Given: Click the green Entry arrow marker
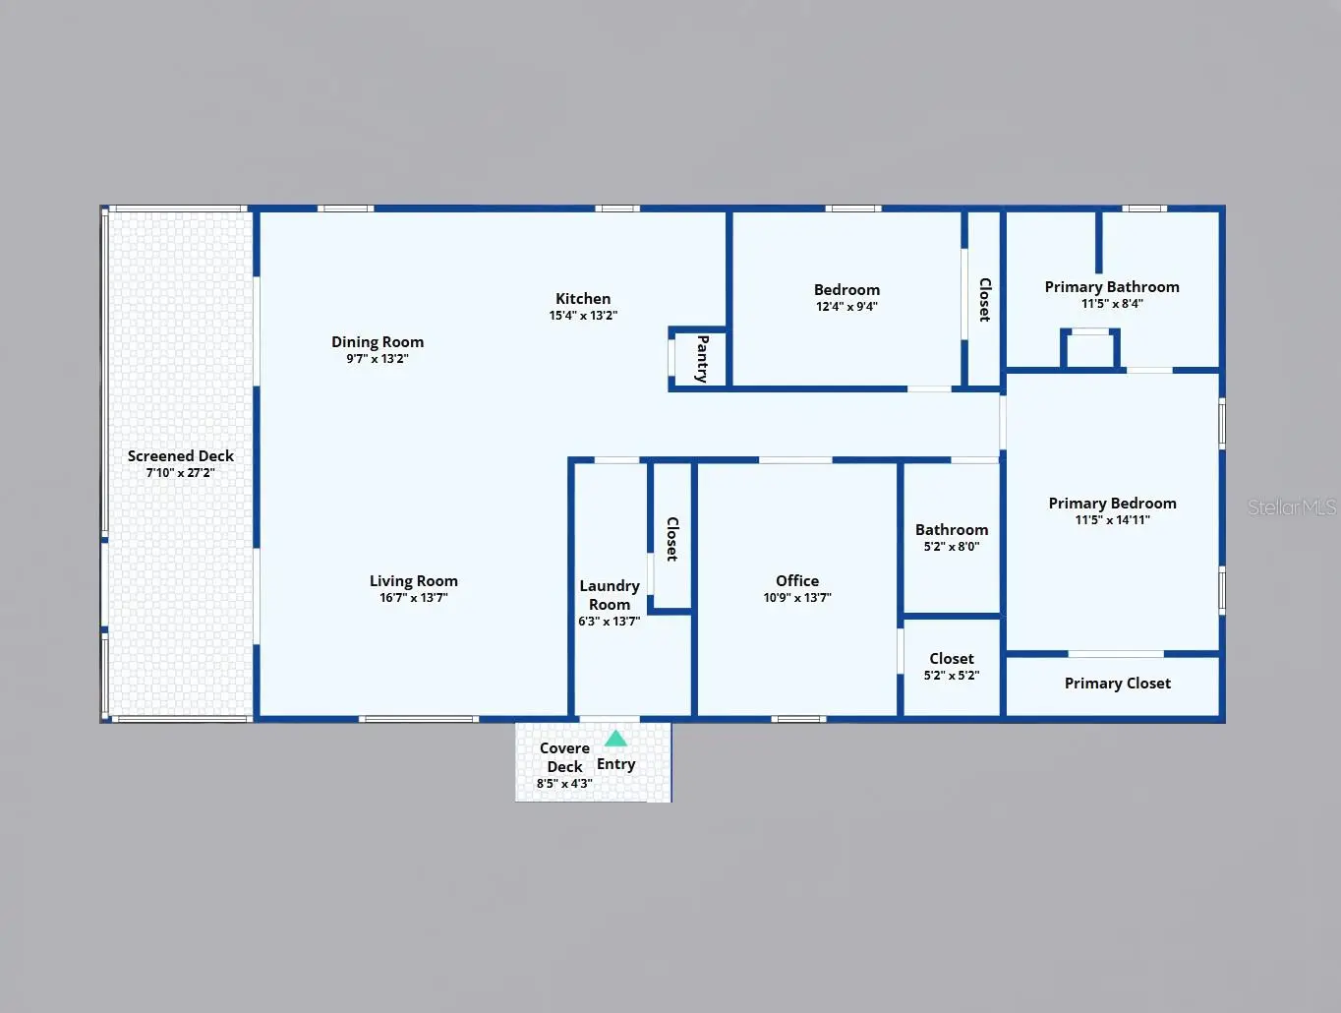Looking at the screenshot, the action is point(615,739).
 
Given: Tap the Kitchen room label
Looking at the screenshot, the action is point(583,299).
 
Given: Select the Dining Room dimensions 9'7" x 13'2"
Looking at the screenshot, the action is point(378,359).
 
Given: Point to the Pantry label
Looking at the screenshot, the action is point(703,359).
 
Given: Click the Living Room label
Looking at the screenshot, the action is point(414,581).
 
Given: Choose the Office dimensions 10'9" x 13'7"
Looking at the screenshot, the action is point(797,598).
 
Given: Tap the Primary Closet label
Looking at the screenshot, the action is point(1118,684).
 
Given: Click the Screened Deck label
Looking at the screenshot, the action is point(181,455).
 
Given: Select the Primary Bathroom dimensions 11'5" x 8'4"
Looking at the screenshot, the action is point(1112,304).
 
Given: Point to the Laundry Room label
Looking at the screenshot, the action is point(610,595).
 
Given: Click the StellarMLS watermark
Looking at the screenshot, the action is point(1292,507).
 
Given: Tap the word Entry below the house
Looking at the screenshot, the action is point(615,764).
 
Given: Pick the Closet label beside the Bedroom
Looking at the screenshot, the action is point(985,299).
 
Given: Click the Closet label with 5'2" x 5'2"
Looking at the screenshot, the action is point(952,659).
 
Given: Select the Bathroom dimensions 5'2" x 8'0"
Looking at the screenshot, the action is point(952,547).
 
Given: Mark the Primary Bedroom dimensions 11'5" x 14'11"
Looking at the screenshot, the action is point(1112,520).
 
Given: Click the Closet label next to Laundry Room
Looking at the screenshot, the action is point(672,539).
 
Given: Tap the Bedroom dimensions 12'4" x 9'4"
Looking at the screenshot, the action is point(846,307).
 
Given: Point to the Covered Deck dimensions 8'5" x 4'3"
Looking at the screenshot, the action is point(564,784).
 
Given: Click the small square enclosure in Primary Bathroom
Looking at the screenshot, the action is point(1090,349).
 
